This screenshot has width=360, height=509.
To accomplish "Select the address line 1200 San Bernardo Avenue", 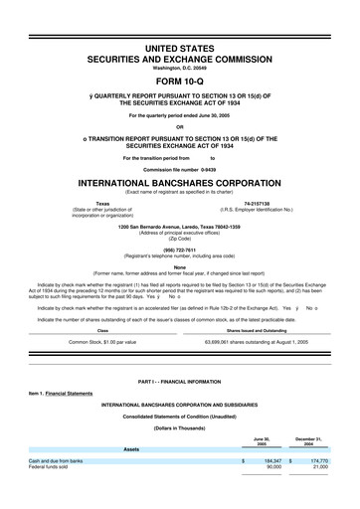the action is pos(179,227).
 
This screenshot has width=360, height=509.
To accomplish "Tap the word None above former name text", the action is pos(179,265).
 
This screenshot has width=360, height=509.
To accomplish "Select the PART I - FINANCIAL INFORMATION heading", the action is pos(179,382).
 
